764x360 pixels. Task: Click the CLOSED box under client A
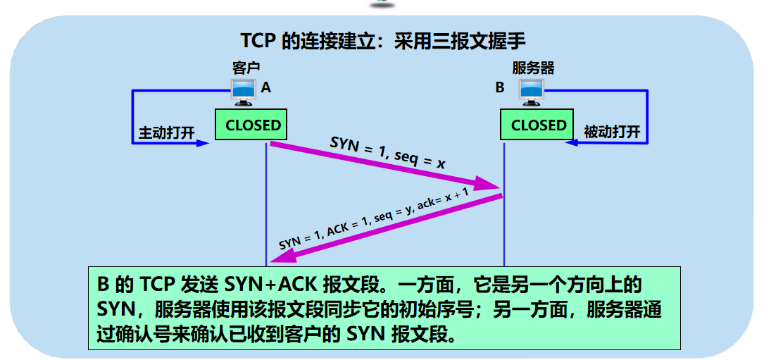(252, 125)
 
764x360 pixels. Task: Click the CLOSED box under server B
(538, 125)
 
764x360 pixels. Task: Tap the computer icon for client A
(244, 89)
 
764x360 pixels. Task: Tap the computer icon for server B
(532, 89)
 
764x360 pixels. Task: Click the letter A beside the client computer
(265, 88)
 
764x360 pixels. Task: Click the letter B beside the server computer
(500, 88)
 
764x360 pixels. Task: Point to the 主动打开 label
(166, 132)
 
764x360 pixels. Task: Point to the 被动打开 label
(611, 132)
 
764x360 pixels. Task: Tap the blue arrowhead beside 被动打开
(572, 143)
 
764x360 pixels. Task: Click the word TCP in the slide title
(258, 39)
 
